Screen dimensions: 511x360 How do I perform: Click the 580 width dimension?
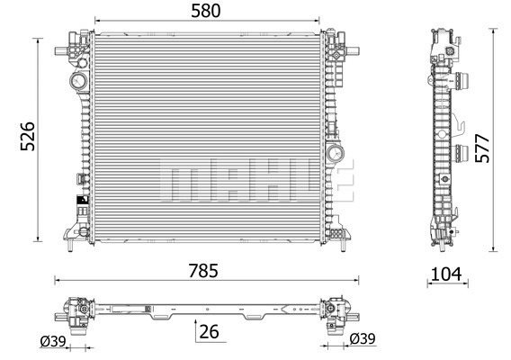(206, 11)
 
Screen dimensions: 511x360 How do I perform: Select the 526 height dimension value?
(27, 136)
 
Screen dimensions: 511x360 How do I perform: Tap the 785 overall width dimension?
(203, 271)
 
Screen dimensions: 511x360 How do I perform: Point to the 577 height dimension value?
(482, 148)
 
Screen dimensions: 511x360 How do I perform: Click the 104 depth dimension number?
(446, 274)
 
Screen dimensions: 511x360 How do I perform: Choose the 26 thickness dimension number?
(209, 332)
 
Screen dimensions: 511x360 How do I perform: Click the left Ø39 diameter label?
(53, 341)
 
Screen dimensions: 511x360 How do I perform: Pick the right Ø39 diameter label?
(363, 338)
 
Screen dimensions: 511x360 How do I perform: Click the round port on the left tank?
(79, 80)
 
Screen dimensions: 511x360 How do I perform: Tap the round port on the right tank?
(335, 153)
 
